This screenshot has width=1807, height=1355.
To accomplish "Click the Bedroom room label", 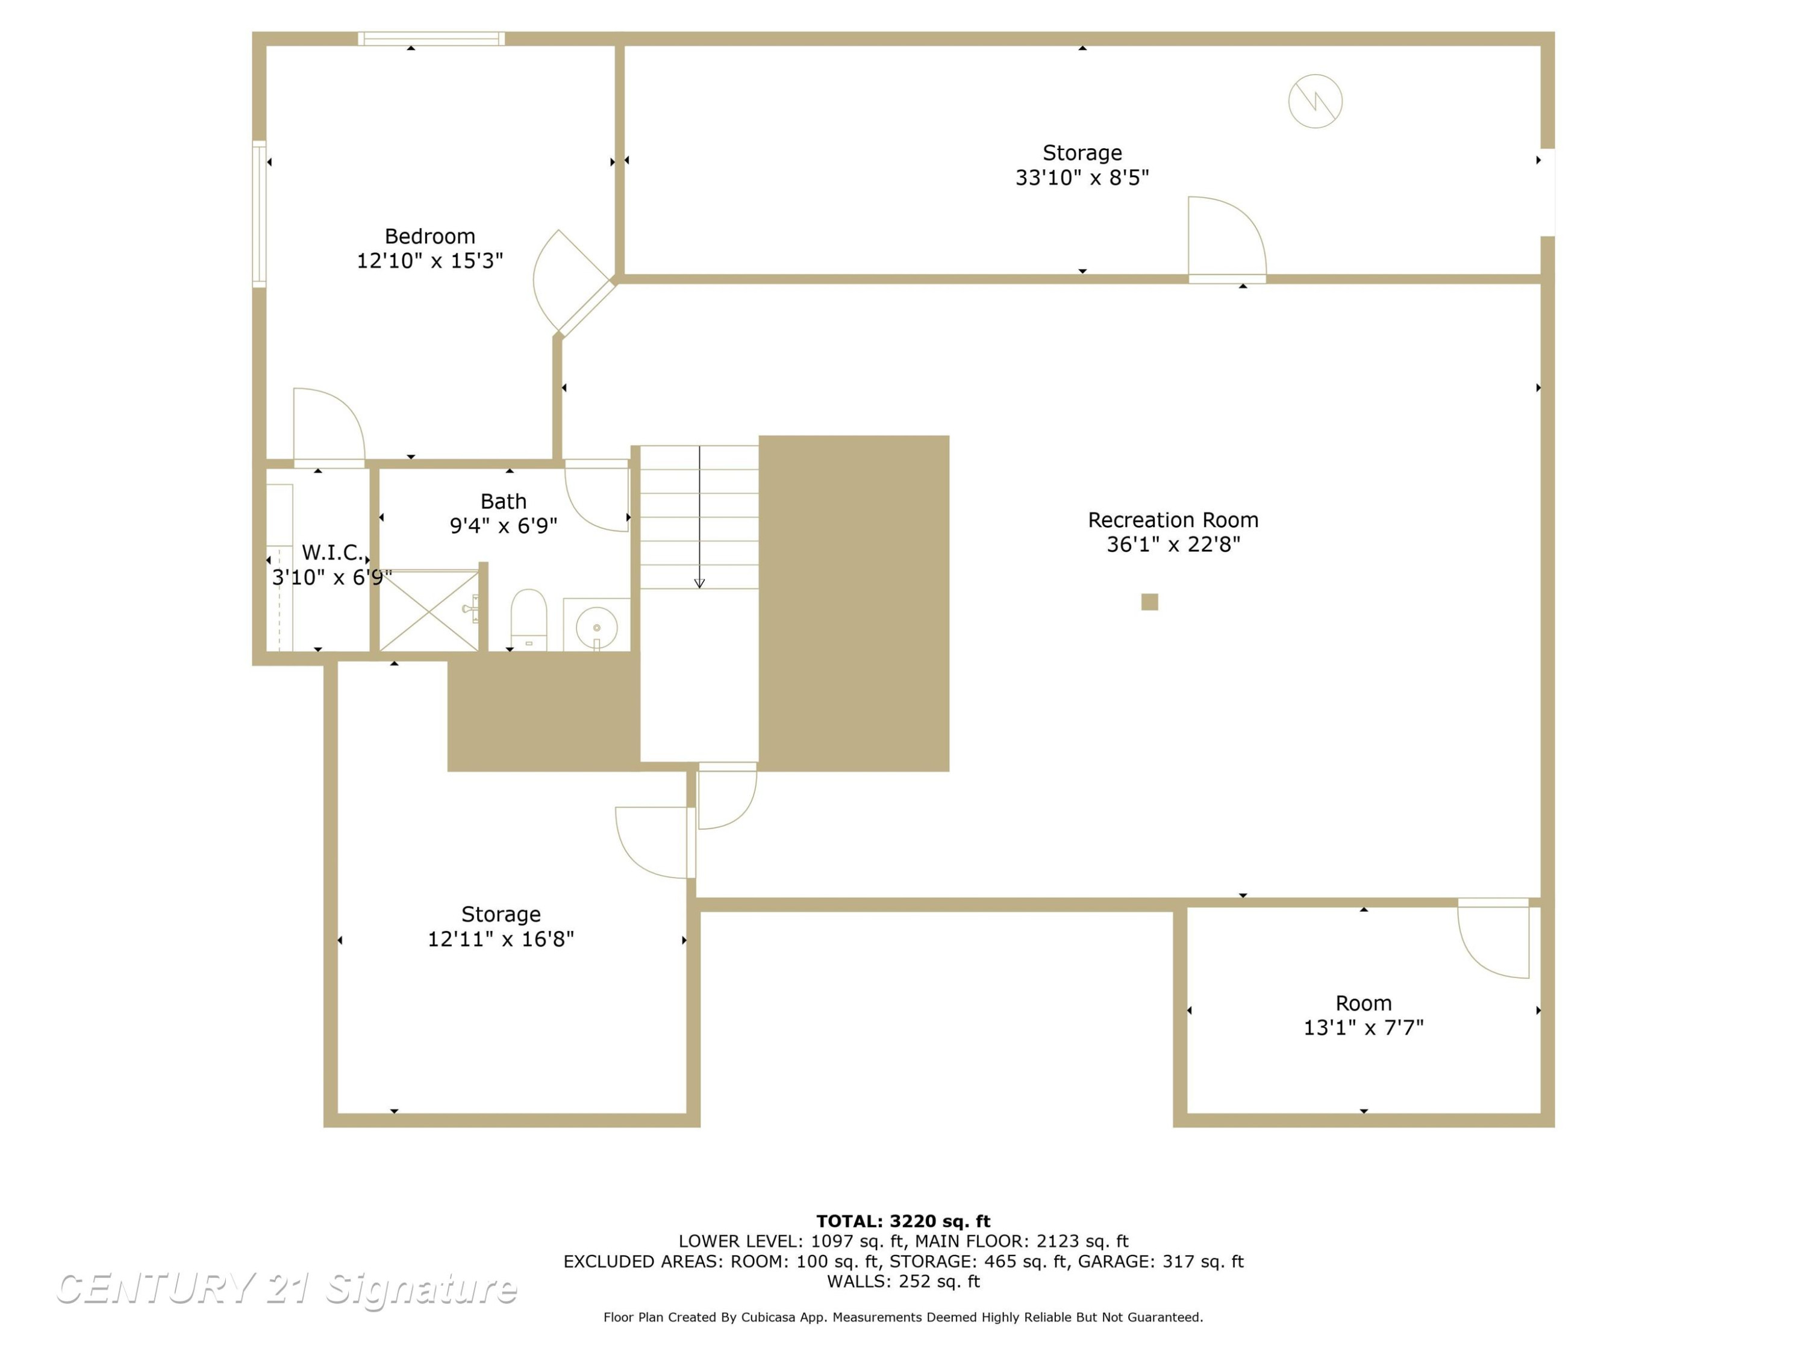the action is (429, 236).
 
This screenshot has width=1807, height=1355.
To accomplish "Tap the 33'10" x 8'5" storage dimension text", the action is (1082, 177).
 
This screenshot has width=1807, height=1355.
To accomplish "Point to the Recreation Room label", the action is (1173, 520).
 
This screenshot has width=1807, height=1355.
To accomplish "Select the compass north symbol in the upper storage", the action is (1315, 101).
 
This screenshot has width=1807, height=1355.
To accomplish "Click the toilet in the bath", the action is (528, 619).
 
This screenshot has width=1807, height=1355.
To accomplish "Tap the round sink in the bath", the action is (596, 628).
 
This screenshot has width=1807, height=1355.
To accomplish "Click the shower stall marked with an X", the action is (429, 611).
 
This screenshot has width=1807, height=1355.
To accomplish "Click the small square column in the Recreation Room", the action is (1149, 602).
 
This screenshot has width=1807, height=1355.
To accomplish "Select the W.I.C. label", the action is (332, 553).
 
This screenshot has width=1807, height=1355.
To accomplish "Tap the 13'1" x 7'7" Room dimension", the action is (1364, 1027).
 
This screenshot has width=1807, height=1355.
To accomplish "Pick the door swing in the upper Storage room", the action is (1227, 237).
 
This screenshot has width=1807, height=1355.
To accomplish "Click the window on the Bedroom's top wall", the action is (431, 39).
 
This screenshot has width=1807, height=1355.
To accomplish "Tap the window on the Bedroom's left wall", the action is (259, 214).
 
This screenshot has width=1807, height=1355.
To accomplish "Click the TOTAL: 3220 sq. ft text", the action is (904, 1221).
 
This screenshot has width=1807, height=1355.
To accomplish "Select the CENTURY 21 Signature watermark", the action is (286, 1289).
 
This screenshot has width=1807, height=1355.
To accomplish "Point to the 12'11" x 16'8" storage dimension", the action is (501, 939).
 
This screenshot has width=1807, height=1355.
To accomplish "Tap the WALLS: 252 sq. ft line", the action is (904, 1282).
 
